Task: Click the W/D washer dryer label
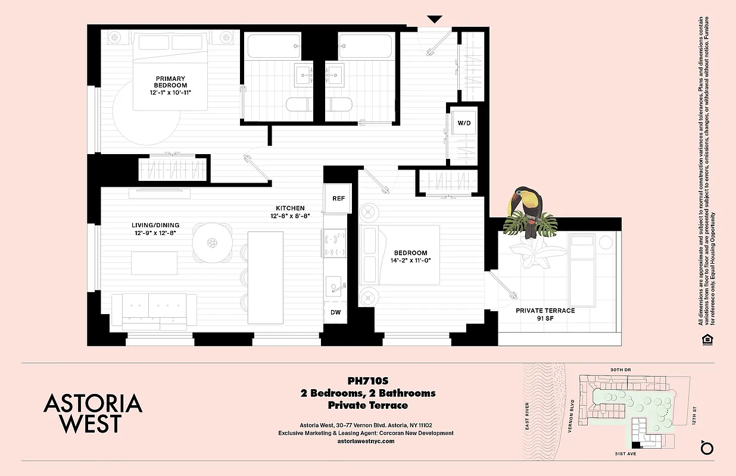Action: (x=463, y=123)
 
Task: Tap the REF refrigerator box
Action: (x=338, y=199)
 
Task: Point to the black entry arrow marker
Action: (x=435, y=19)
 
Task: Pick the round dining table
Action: (x=213, y=242)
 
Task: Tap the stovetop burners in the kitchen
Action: (x=335, y=243)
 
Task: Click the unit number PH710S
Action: (x=367, y=381)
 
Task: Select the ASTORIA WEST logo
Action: (x=93, y=413)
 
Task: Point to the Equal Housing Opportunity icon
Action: (x=707, y=339)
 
